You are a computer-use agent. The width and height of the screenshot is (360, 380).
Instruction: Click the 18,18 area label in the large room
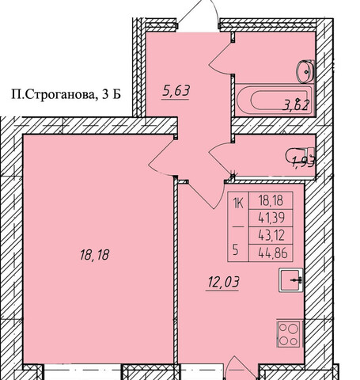pyautogui.click(x=94, y=255)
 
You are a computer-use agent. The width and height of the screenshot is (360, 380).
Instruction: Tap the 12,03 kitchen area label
pyautogui.click(x=223, y=282)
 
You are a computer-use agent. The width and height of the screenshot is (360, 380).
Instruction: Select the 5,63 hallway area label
pyautogui.click(x=176, y=90)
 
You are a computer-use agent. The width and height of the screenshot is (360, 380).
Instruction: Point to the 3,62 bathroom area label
pyautogui.click(x=295, y=105)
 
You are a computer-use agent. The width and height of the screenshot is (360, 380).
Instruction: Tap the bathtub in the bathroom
pyautogui.click(x=275, y=100)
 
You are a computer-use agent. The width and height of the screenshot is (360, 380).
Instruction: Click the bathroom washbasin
pyautogui.click(x=305, y=71)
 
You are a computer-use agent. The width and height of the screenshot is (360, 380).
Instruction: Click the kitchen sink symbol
pyautogui.click(x=290, y=280)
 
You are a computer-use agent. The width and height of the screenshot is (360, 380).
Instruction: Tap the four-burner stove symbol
pyautogui.click(x=289, y=334)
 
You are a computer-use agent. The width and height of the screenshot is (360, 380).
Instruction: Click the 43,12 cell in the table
pyautogui.click(x=272, y=235)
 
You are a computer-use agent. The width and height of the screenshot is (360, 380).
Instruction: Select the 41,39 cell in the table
pyautogui.click(x=272, y=218)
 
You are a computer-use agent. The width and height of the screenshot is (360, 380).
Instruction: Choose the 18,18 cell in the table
pyautogui.click(x=271, y=201)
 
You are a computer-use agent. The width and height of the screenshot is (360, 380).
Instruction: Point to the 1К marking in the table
pyautogui.click(x=238, y=203)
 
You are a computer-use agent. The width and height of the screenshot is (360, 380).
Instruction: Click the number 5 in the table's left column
pyautogui.click(x=236, y=250)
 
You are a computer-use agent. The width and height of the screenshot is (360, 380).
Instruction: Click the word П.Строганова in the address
pyautogui.click(x=52, y=94)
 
